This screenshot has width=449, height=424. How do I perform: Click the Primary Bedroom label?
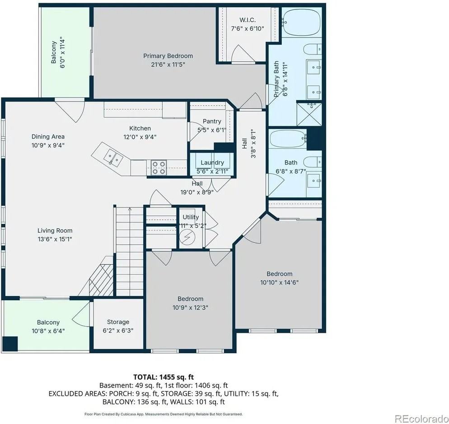168,56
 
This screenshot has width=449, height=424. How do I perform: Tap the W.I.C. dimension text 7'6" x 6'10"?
248,28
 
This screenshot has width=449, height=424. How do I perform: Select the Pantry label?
212,121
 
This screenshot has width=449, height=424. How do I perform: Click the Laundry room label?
212,162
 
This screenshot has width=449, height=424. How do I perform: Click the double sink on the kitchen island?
113,158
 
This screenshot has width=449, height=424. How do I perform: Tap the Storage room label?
118,322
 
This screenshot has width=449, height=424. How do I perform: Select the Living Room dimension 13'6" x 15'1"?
55,239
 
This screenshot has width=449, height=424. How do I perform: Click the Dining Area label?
48,136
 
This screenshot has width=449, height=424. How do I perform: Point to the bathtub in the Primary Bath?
302,22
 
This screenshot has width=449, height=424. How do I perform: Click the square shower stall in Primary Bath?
309,114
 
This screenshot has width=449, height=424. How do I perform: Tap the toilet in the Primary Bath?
313,49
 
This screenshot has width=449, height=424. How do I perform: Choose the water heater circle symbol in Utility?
187,237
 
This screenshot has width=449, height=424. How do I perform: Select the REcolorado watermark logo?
421,419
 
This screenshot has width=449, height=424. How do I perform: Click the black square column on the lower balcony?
10,344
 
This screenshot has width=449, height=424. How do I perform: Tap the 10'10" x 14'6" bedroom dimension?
280,282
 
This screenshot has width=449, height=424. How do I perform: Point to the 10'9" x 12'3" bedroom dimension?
190,308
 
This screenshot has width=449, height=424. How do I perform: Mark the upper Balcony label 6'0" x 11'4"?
58,52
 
